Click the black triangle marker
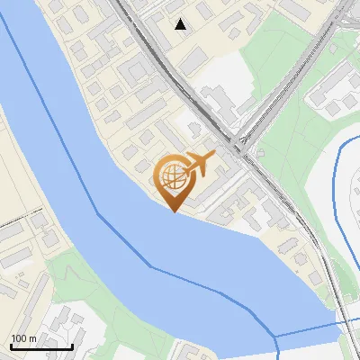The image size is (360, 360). click(181, 24)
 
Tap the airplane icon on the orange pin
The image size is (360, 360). click(200, 165)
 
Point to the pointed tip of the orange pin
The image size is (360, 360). click(175, 211)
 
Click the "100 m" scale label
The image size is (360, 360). click(23, 337)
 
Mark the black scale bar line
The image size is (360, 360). click(41, 346)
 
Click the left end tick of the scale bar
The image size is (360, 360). click(12, 345)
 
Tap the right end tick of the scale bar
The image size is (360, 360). click(72, 345)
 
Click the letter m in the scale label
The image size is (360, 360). click(32, 337)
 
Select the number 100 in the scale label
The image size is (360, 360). click(19, 337)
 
